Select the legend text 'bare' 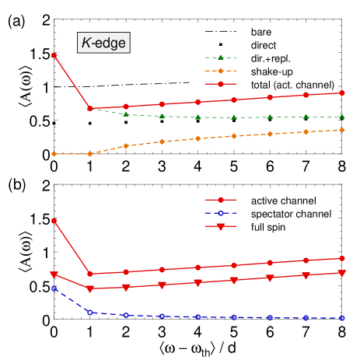261,33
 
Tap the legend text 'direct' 264,45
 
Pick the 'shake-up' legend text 270,71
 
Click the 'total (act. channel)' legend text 292,84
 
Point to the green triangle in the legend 221,58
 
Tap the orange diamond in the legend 221,71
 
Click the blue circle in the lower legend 220,212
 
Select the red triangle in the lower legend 220,226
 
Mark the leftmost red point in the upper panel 54,55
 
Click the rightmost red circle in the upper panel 342,93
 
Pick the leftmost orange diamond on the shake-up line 54,154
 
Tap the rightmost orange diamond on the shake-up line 342,130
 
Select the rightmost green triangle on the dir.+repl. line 342,117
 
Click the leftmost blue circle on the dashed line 54,288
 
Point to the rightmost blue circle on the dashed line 342,318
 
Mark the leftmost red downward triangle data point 54,274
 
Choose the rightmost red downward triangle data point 342,273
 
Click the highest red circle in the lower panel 54,221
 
